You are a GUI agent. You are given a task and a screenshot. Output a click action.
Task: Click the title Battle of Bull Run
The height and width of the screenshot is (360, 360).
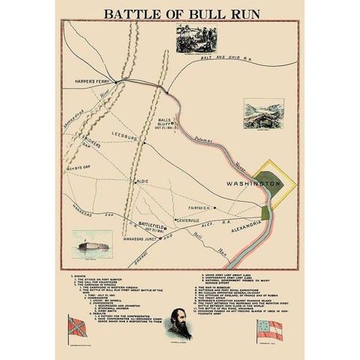pyautogui.click(x=179, y=13)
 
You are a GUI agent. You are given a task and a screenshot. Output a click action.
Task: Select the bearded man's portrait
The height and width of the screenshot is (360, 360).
pyautogui.click(x=180, y=324)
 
